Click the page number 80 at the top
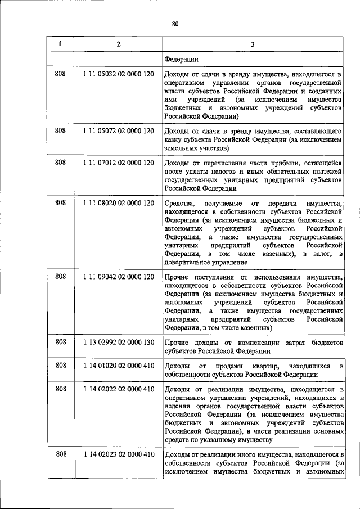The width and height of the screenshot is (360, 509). click(175, 24)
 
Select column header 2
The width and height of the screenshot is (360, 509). click(118, 44)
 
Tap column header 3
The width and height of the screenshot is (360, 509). click(253, 44)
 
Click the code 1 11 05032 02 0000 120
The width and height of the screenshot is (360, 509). click(118, 74)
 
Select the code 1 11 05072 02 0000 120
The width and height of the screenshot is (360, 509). click(118, 130)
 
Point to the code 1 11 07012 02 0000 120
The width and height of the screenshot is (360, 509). click(118, 163)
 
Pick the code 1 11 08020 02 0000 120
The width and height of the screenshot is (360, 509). click(118, 203)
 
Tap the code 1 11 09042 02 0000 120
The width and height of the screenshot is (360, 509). click(118, 277)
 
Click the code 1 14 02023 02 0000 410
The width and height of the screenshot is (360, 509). click(118, 454)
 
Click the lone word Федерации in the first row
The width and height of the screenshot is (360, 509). click(181, 58)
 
